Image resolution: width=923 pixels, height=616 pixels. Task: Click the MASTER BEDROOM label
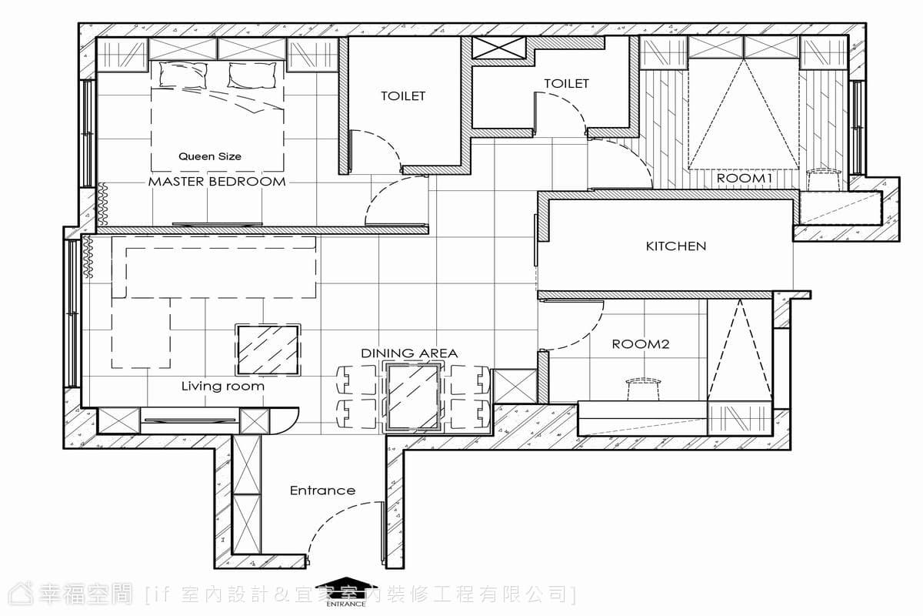217,182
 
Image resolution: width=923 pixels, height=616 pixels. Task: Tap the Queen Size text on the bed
210,156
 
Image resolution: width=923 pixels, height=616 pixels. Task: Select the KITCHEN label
676,246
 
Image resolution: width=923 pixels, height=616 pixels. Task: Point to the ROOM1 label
745,179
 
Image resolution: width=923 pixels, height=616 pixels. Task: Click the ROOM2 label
640,344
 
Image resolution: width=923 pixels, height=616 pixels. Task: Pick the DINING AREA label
409,353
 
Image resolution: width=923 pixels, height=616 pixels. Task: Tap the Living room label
222,387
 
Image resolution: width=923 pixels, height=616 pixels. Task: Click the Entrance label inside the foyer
322,490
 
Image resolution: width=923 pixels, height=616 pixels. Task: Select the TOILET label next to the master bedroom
403,96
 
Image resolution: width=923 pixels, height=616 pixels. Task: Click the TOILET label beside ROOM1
567,84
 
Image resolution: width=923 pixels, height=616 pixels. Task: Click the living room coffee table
268,350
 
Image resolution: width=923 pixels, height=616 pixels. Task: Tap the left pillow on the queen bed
183,75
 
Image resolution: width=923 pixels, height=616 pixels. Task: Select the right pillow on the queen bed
252,75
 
